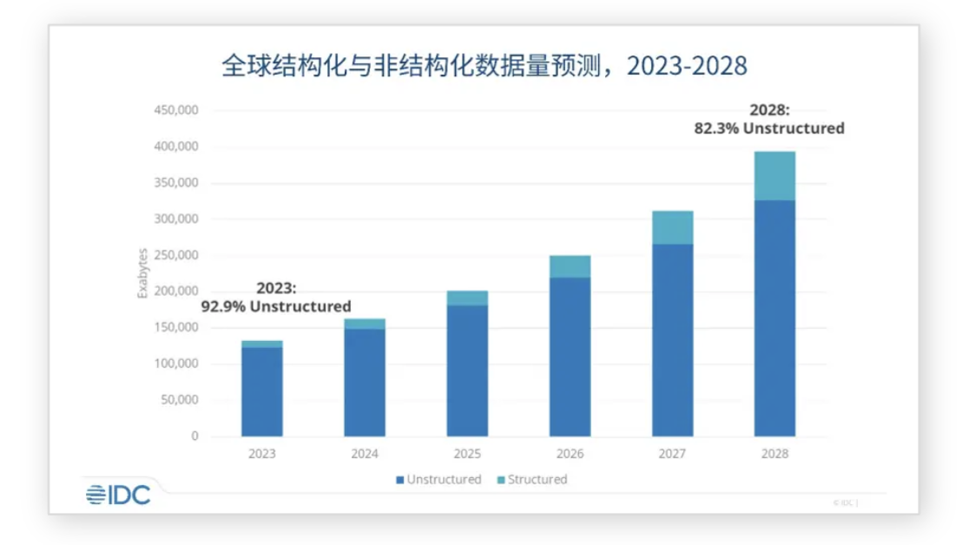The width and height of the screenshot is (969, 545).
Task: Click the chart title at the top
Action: pyautogui.click(x=484, y=67)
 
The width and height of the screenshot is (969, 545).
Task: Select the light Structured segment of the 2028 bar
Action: pyautogui.click(x=775, y=175)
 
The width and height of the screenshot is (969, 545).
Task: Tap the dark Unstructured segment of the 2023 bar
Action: pyautogui.click(x=262, y=391)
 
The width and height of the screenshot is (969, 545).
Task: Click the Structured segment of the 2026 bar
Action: pyautogui.click(x=570, y=266)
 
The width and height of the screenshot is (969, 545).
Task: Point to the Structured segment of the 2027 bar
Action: pyautogui.click(x=672, y=227)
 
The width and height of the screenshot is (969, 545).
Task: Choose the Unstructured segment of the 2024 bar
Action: pyautogui.click(x=365, y=382)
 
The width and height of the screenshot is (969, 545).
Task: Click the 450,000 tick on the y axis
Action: pyautogui.click(x=176, y=111)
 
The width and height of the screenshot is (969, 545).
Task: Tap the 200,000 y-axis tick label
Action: pyautogui.click(x=176, y=292)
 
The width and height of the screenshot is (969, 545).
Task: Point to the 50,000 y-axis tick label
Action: pyautogui.click(x=180, y=400)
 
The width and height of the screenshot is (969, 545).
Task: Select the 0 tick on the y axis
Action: pyautogui.click(x=194, y=437)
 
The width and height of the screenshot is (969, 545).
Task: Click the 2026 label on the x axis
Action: pyautogui.click(x=570, y=454)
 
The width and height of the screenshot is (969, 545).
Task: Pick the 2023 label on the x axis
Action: pyautogui.click(x=262, y=454)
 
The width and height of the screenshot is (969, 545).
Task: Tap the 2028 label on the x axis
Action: pyautogui.click(x=775, y=454)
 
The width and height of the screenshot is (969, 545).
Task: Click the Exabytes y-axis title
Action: pyautogui.click(x=142, y=273)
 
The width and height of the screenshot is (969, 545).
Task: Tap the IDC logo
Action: pyautogui.click(x=118, y=495)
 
